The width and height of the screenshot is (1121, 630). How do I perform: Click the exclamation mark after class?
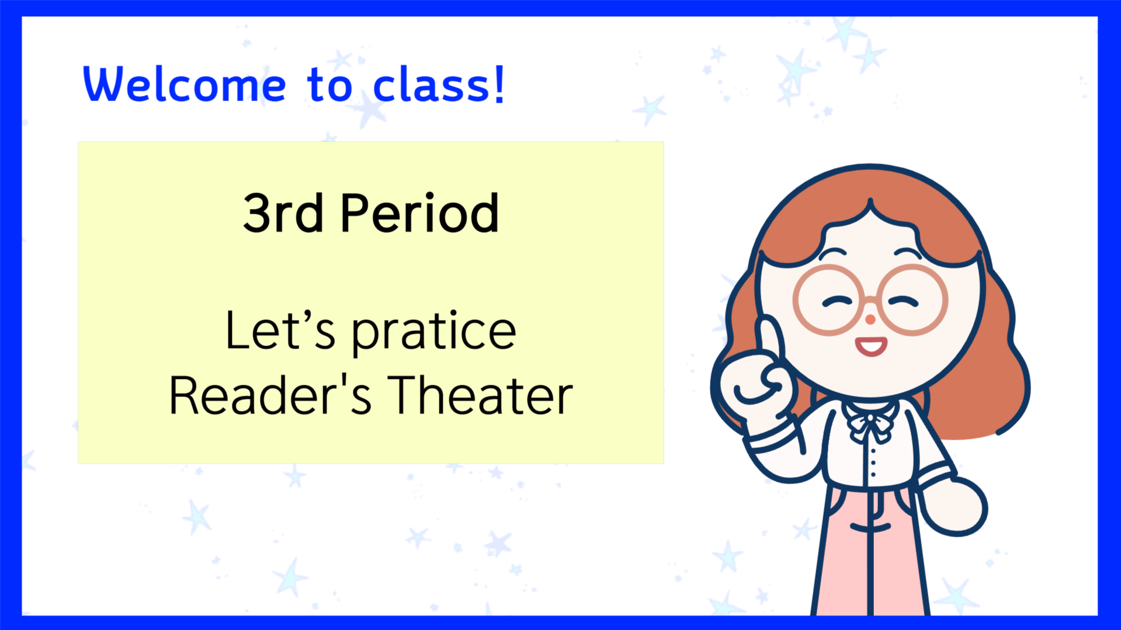(x=499, y=84)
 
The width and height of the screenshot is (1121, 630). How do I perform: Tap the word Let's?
(x=280, y=330)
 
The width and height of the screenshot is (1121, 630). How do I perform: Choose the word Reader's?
(x=270, y=396)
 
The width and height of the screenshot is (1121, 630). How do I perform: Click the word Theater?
(x=480, y=396)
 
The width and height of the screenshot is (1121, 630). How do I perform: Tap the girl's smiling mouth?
(x=871, y=346)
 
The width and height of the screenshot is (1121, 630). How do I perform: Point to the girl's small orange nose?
(x=870, y=319)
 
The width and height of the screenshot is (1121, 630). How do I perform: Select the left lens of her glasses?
(x=829, y=300)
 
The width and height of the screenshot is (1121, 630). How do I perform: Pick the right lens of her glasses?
(x=912, y=300)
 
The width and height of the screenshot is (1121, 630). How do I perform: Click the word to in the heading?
(x=330, y=85)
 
